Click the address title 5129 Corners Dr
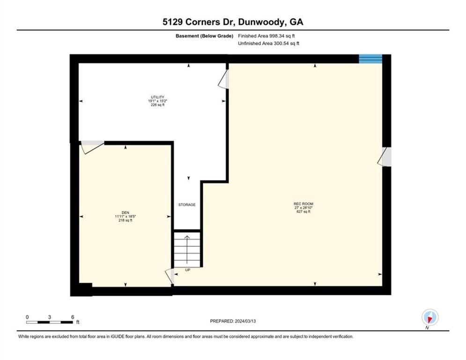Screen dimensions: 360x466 [233, 22]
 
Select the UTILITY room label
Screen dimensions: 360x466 [156, 97]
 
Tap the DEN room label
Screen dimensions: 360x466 [125, 212]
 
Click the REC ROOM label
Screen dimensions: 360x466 [303, 203]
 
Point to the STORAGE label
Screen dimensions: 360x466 [187, 205]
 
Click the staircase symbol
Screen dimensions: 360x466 [187, 250]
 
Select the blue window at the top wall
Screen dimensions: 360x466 [370, 59]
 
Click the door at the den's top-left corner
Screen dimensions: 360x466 [92, 147]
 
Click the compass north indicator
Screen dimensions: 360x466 [429, 318]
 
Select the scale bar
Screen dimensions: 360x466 [50, 322]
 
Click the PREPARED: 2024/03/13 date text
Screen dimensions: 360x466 [233, 321]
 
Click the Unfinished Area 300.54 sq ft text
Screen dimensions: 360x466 [268, 44]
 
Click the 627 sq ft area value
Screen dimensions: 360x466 [303, 212]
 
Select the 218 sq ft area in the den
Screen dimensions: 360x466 [125, 220]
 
